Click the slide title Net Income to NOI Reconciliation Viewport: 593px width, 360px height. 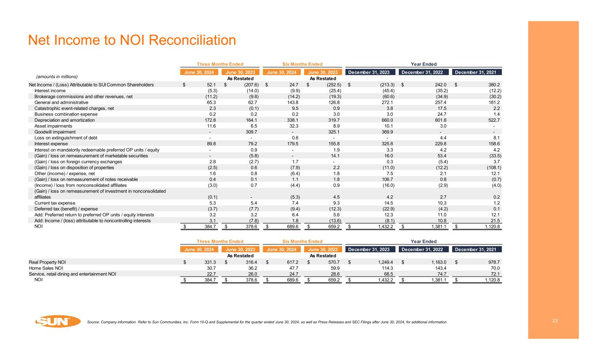132,40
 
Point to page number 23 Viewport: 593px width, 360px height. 555,320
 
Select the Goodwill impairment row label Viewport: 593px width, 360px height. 55,132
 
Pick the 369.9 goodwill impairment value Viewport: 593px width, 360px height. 388,132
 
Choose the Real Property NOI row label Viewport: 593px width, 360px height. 47,262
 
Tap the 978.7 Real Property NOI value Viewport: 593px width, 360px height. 493,262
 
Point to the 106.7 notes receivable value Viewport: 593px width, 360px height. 388,179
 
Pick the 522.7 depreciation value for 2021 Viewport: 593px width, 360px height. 493,120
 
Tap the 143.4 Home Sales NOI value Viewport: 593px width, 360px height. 440,268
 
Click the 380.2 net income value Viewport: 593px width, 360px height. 493,84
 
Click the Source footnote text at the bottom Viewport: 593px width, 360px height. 267,322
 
